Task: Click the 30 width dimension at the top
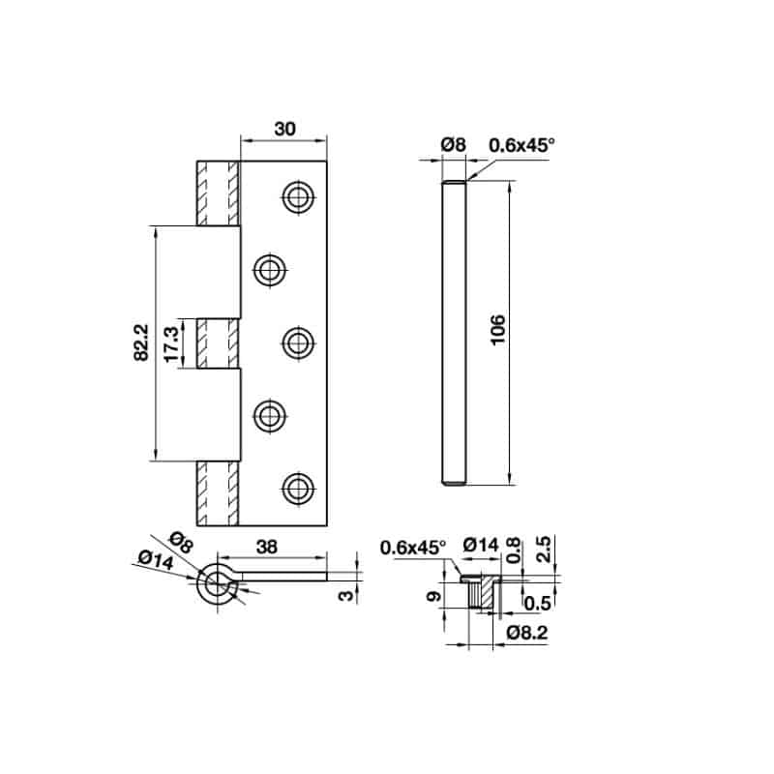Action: coord(285,129)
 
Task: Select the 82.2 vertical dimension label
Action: coord(141,342)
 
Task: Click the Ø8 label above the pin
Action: coord(453,144)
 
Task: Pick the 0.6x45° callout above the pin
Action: coord(521,144)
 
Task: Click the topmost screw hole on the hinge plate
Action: coord(298,196)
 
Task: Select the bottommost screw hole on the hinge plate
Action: coord(298,488)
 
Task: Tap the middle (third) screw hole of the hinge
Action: coord(298,342)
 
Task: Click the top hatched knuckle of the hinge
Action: coord(218,193)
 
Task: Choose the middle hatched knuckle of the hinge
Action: coord(218,342)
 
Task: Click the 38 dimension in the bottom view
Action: coord(267,547)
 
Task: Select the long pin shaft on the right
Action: coord(455,332)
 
